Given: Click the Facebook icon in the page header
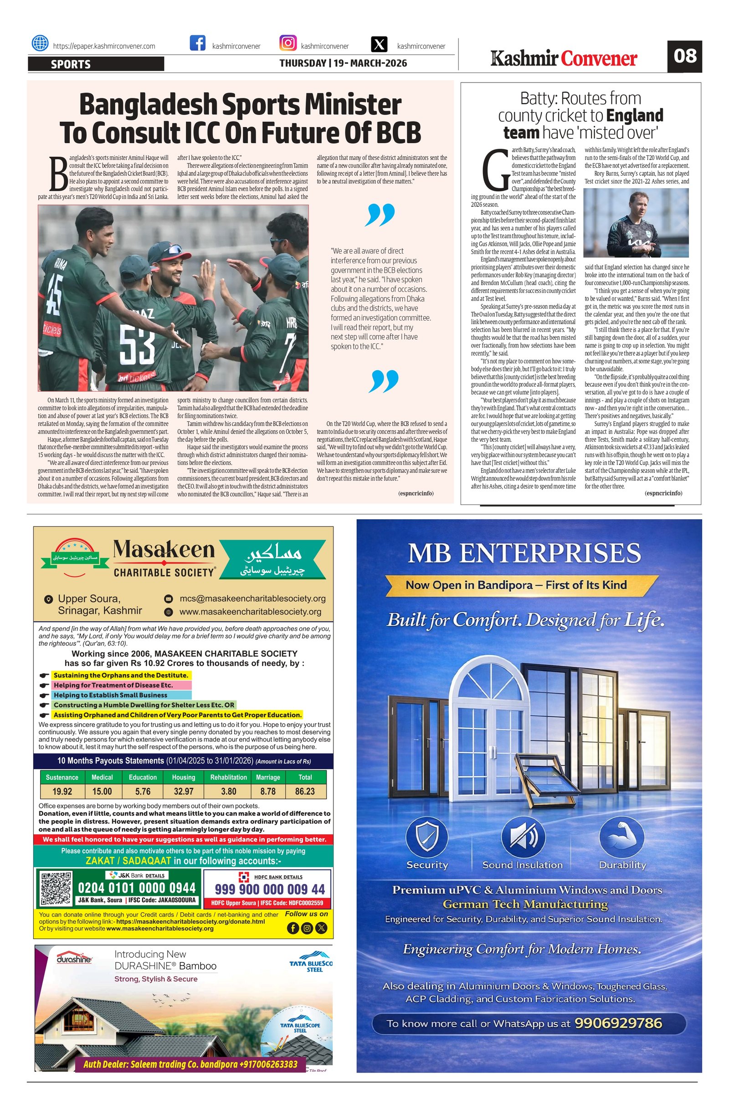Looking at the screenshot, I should [198, 43].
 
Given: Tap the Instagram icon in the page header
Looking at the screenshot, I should [287, 43].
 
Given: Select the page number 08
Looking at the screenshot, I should [684, 56].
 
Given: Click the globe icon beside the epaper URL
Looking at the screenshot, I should [40, 43].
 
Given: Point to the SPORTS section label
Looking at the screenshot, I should [71, 64].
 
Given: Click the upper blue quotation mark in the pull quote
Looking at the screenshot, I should [381, 215].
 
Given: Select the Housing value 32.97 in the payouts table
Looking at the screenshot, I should [183, 791].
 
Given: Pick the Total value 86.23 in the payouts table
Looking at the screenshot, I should [305, 791].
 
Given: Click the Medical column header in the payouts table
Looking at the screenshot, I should [102, 777].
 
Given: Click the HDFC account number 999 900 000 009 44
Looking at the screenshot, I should [270, 889].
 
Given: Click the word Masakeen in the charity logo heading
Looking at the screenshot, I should [164, 550].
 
